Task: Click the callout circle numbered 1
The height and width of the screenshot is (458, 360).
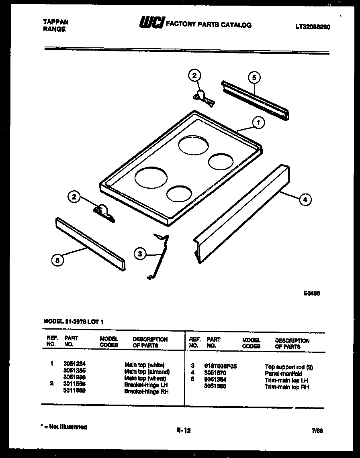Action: coord(258,122)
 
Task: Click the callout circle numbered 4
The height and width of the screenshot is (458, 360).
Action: coord(305,199)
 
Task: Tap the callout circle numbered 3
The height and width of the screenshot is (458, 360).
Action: coord(140,253)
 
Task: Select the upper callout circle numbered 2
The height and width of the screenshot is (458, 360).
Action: coord(194,75)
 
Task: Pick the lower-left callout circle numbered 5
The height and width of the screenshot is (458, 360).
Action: coord(57,260)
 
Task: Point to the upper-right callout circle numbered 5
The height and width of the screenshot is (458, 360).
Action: coord(254,77)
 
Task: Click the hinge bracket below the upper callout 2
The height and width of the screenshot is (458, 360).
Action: coord(203,98)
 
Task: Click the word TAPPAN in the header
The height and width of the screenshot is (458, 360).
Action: coord(55,22)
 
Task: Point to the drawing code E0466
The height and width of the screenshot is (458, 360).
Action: coord(312,293)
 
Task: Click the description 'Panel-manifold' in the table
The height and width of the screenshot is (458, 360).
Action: coord(283,374)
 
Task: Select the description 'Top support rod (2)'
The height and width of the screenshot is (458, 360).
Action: coord(288,367)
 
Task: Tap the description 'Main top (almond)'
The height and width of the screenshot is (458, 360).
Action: coord(147,372)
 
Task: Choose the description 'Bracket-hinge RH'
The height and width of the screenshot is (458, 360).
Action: coord(146,391)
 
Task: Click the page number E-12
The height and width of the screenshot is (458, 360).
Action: coord(184,430)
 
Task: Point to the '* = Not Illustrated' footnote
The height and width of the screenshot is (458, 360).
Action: coord(64,427)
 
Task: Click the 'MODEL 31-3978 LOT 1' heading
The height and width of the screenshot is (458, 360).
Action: coord(75,321)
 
